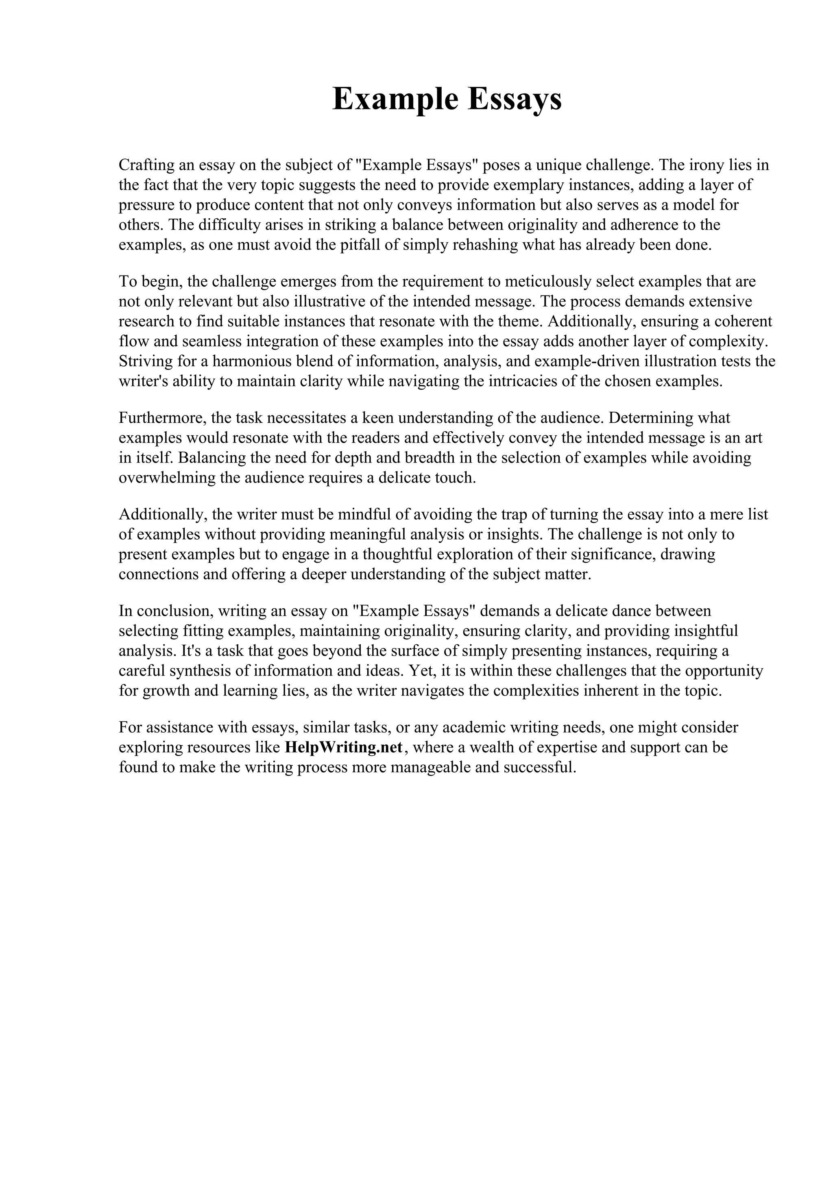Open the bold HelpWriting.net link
(x=343, y=748)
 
